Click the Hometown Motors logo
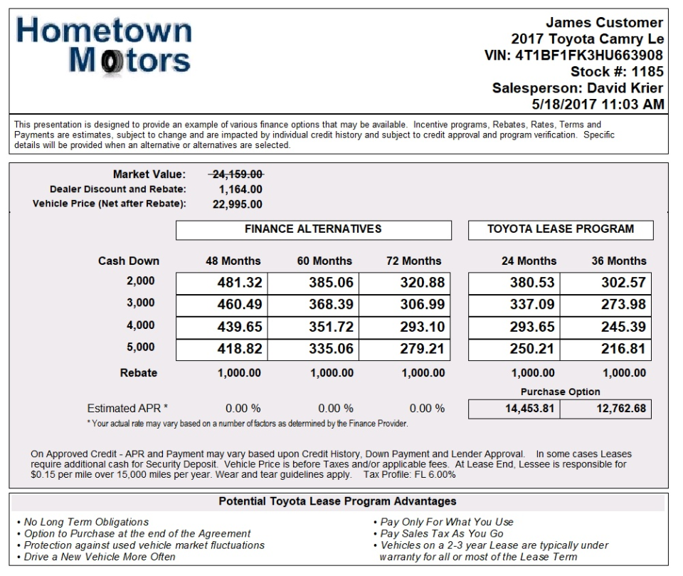tap(104, 45)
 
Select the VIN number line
tap(573, 55)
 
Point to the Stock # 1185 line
tap(617, 71)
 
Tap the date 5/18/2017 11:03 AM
tap(598, 104)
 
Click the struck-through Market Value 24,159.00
tap(236, 174)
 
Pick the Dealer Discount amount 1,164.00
tap(240, 189)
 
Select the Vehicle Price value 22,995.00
tap(237, 204)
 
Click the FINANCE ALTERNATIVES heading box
tap(313, 229)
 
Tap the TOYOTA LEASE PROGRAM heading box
tap(561, 229)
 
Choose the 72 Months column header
tap(413, 261)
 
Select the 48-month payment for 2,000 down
tap(240, 283)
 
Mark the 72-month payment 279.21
tap(422, 350)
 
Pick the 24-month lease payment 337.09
tap(532, 305)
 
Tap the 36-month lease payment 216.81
tap(623, 350)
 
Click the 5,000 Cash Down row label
tap(140, 347)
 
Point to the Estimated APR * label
tap(128, 409)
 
